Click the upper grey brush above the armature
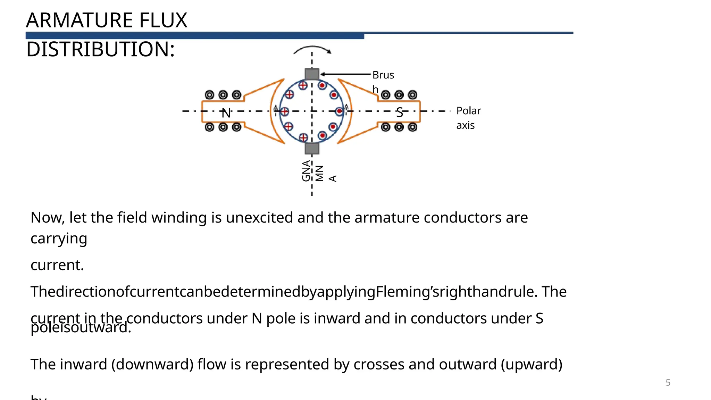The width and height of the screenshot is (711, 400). pos(312,74)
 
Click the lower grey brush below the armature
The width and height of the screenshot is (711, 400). pos(312,148)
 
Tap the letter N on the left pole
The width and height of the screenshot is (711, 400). pos(226,113)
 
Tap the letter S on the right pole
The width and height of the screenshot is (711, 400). pos(400,112)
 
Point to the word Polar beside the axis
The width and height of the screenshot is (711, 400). pos(468,111)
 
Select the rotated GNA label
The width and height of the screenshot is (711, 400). pos(306,171)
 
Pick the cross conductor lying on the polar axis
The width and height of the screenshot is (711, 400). pos(284,111)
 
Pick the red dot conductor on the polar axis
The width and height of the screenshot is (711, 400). pos(339,111)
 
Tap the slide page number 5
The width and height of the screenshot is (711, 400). pos(668,383)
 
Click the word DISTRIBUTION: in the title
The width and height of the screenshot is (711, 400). pos(100,49)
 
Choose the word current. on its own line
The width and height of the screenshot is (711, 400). pos(57,265)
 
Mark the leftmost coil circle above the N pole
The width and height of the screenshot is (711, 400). pos(209,95)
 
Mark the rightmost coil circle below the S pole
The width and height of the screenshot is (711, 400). pos(412,127)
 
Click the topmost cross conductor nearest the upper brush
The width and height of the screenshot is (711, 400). pos(303,85)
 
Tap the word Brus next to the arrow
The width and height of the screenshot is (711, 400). pos(383,75)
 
